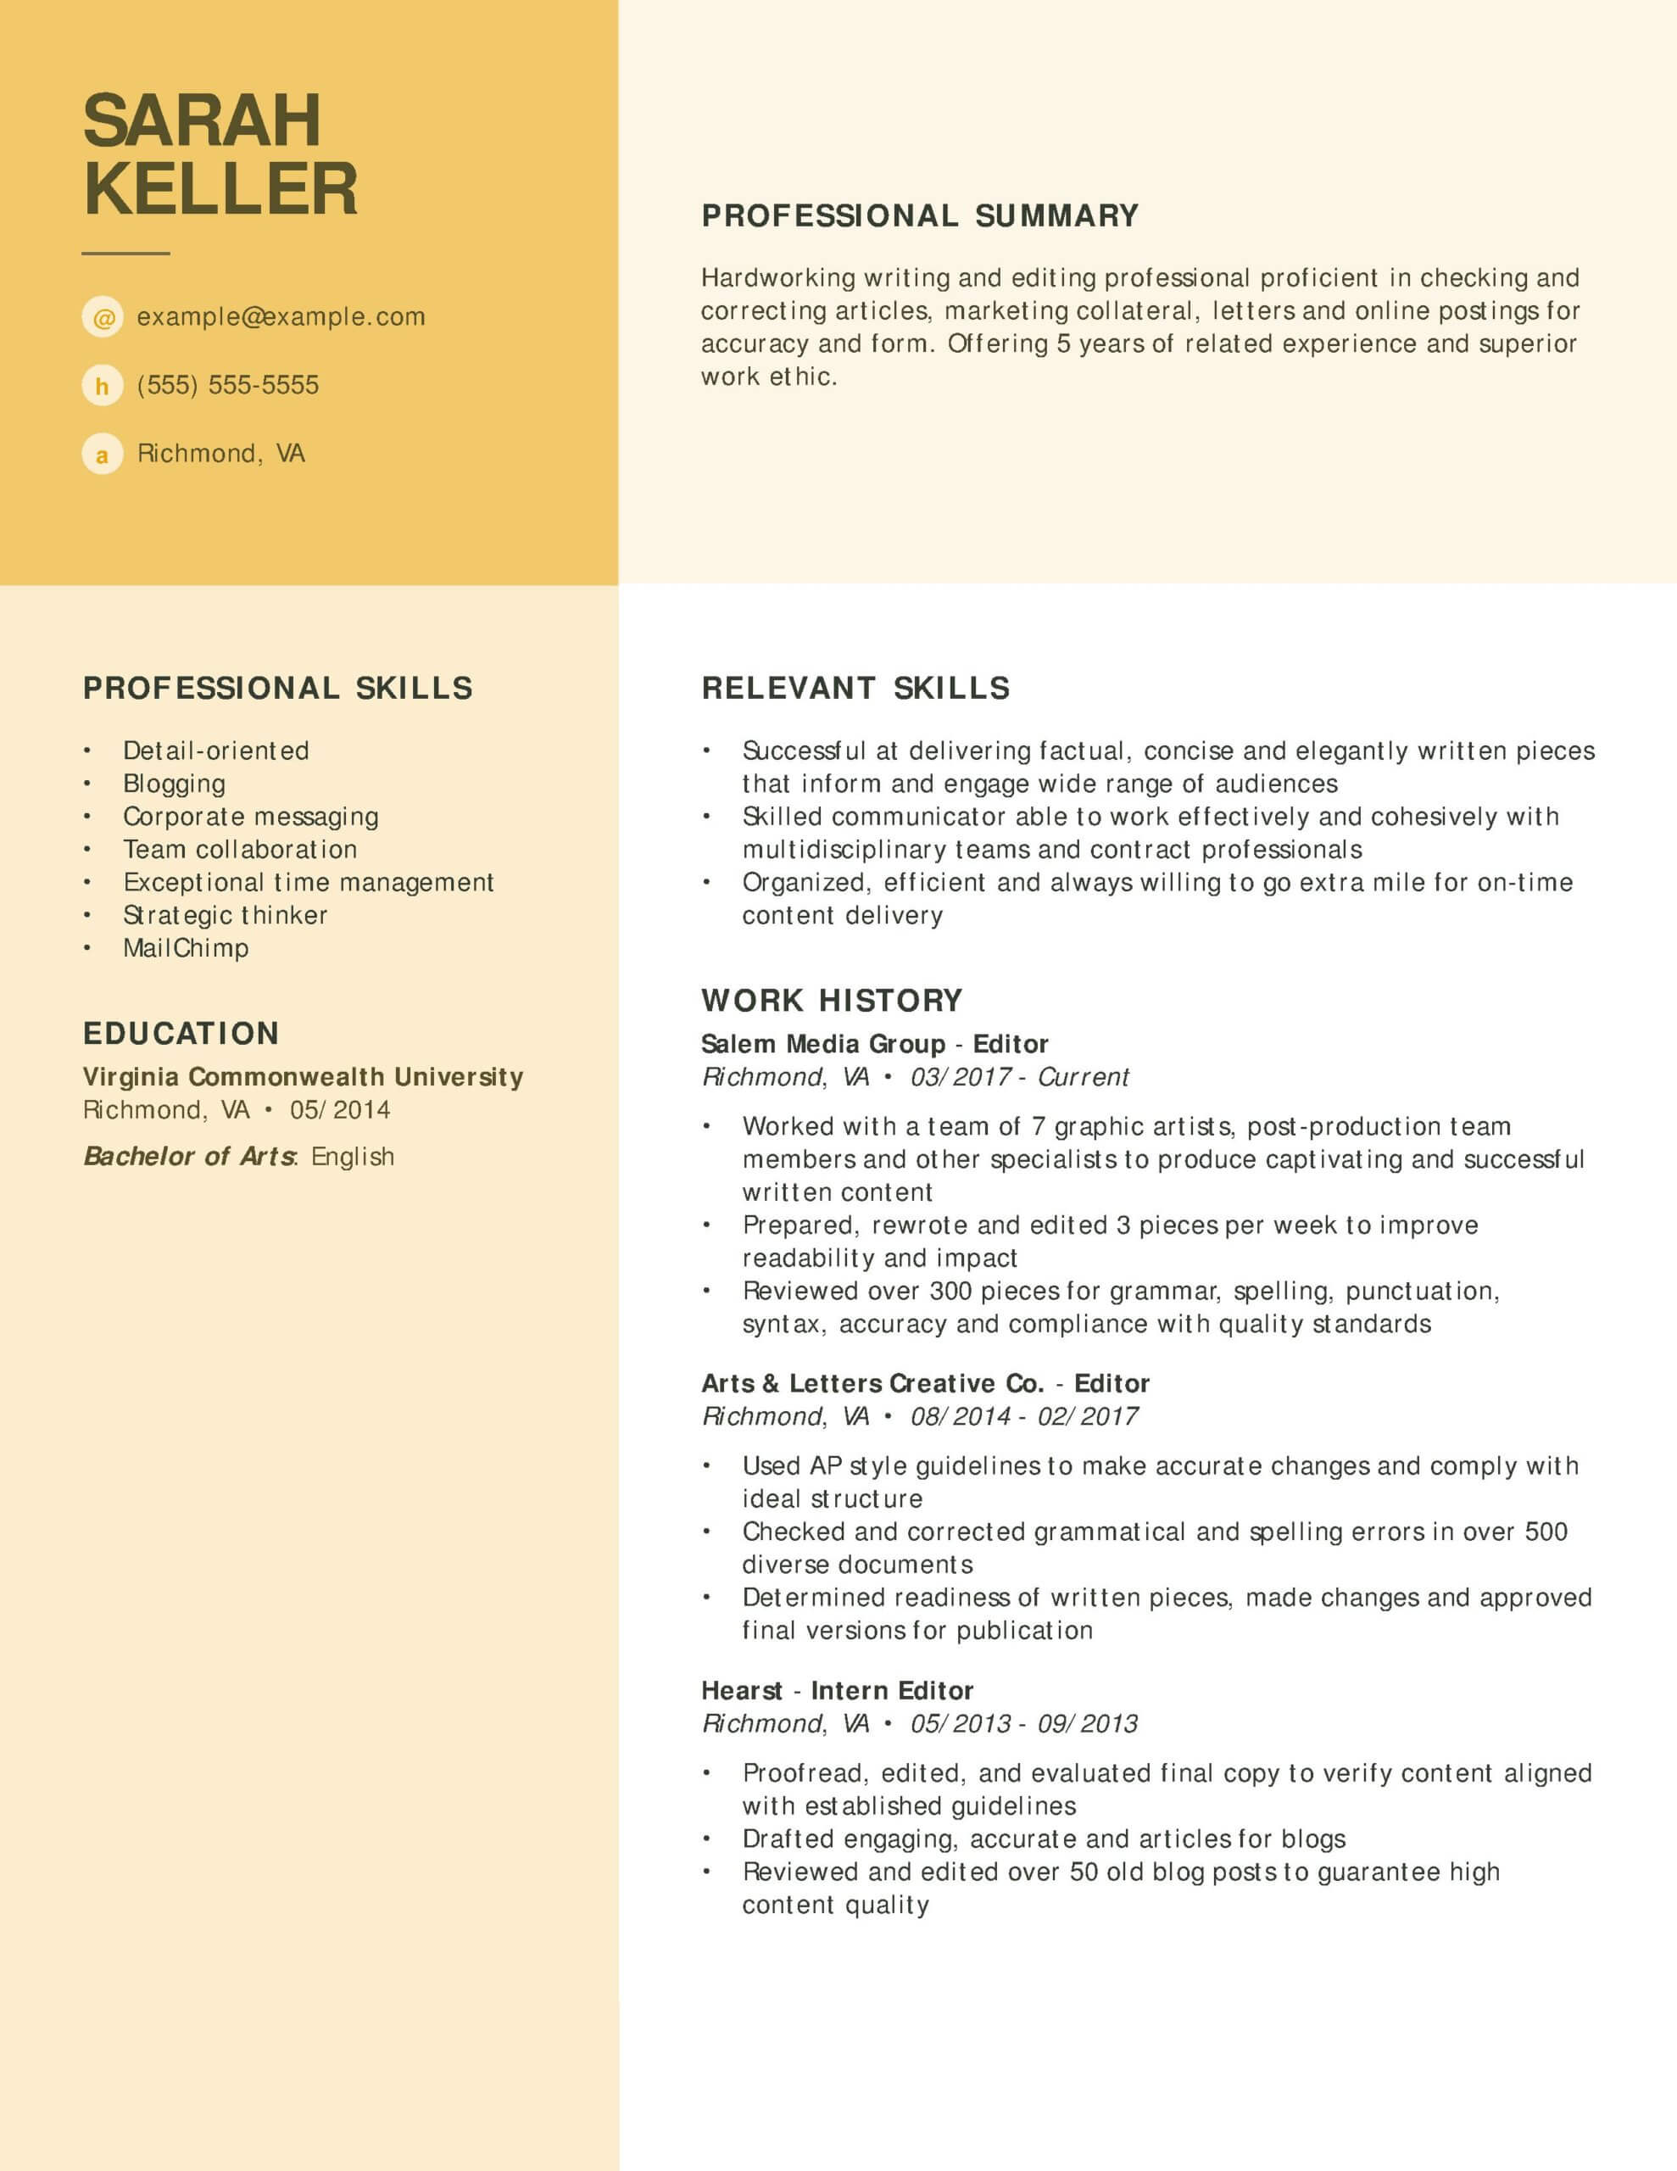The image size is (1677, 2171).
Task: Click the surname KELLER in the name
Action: point(220,189)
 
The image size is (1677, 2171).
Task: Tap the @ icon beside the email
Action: point(103,317)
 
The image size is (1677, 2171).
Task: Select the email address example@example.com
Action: point(281,317)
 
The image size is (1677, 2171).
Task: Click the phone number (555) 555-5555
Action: point(228,385)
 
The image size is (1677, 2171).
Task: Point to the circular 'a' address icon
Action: point(103,455)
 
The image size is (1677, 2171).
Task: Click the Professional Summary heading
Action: point(920,215)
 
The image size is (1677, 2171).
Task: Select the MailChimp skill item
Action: point(186,947)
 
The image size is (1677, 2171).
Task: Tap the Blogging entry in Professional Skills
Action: point(174,784)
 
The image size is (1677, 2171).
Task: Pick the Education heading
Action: point(181,1033)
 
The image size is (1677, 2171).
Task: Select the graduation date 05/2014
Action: point(340,1109)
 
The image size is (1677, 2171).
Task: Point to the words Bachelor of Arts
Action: point(189,1156)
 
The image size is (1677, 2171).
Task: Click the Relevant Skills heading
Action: point(855,688)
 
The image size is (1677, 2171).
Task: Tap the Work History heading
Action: point(832,1000)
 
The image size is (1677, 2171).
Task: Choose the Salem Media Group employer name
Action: point(823,1044)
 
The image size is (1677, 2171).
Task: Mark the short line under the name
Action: point(125,254)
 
